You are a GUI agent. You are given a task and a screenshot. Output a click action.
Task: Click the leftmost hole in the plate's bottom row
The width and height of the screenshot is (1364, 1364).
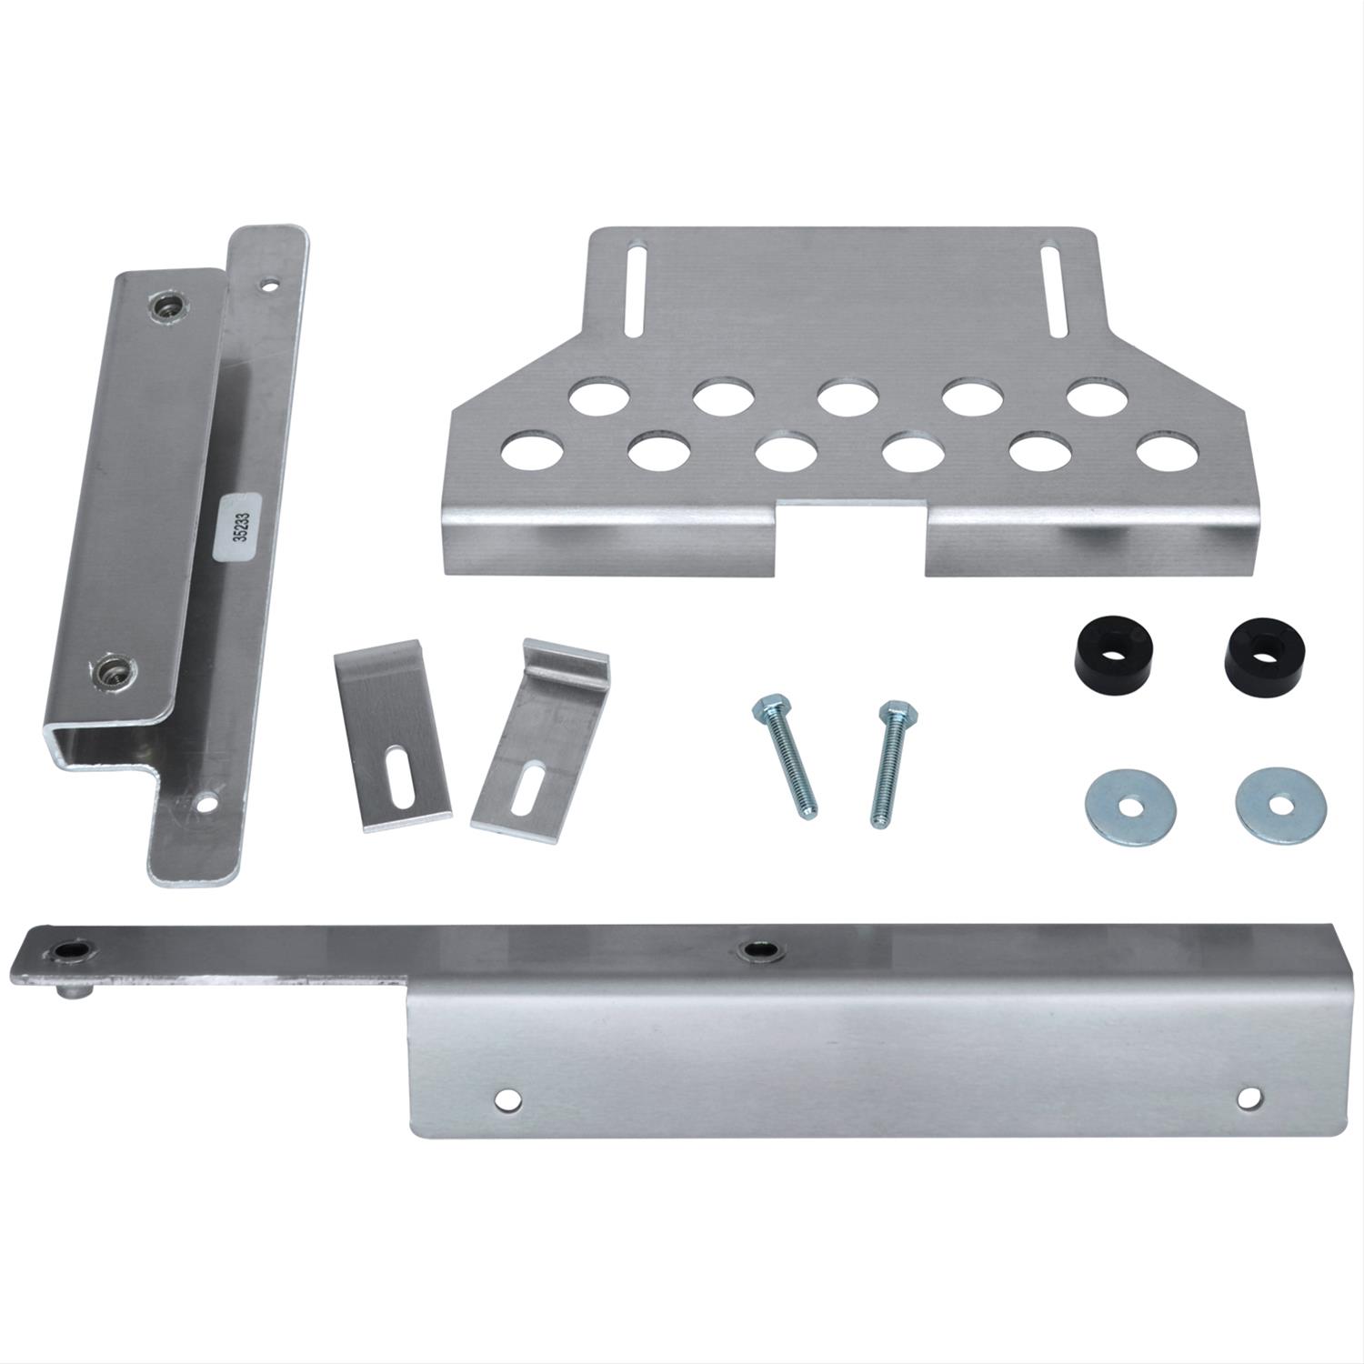(530, 453)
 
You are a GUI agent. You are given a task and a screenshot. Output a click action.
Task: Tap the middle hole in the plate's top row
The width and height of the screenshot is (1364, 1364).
(846, 398)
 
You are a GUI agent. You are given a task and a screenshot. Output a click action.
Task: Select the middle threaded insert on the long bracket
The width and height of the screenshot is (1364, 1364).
(754, 951)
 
